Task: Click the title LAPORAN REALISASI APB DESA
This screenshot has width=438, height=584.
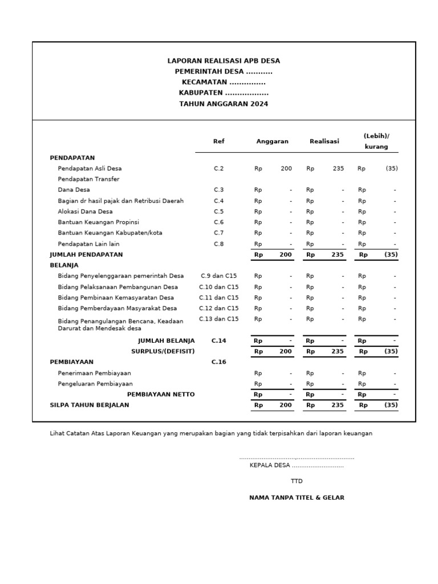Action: tap(224, 60)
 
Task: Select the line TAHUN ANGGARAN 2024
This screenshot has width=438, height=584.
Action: tap(224, 104)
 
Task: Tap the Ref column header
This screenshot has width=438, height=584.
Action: tap(218, 141)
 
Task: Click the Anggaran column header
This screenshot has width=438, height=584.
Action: tap(272, 141)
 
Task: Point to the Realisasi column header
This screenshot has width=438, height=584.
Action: tap(325, 141)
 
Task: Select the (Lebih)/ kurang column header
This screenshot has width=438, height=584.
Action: tap(376, 141)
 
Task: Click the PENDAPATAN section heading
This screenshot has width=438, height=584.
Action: tap(72, 157)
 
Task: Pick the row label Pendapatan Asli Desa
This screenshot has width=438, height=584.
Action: tap(90, 169)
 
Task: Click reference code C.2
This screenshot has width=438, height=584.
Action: tap(219, 169)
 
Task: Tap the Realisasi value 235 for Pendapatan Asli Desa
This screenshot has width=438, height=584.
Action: tap(338, 169)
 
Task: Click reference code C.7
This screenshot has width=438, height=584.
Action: tap(219, 233)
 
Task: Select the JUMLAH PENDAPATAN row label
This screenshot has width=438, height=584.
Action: tap(86, 254)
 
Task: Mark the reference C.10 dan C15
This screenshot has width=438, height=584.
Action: tap(219, 287)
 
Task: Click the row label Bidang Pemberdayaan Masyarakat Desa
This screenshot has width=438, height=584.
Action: tap(117, 309)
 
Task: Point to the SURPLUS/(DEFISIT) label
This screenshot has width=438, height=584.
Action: tap(163, 351)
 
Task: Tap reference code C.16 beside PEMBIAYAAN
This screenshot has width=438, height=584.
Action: tap(219, 362)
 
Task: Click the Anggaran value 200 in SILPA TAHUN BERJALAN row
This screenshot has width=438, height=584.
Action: tap(286, 405)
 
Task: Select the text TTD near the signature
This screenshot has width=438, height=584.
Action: tap(297, 481)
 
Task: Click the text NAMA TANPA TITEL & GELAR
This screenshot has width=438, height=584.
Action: tap(297, 498)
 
